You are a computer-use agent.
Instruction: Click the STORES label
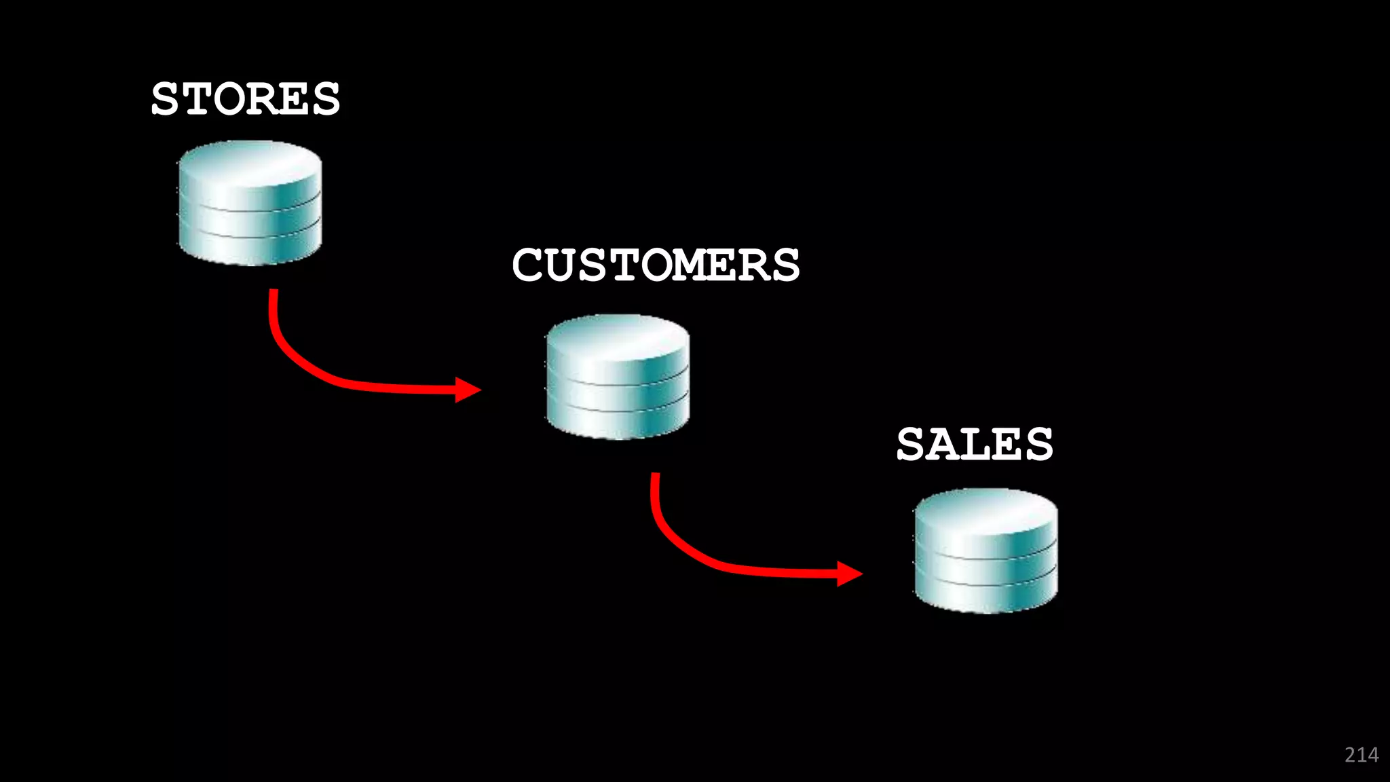245,99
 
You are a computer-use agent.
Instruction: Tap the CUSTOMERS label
656,265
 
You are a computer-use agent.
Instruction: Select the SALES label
975,445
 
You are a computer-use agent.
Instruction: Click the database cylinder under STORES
250,203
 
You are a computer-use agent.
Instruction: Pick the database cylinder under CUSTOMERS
618,377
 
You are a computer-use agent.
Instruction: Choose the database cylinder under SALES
985,551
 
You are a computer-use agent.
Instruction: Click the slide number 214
1361,755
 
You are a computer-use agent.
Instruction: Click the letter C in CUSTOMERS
529,265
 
